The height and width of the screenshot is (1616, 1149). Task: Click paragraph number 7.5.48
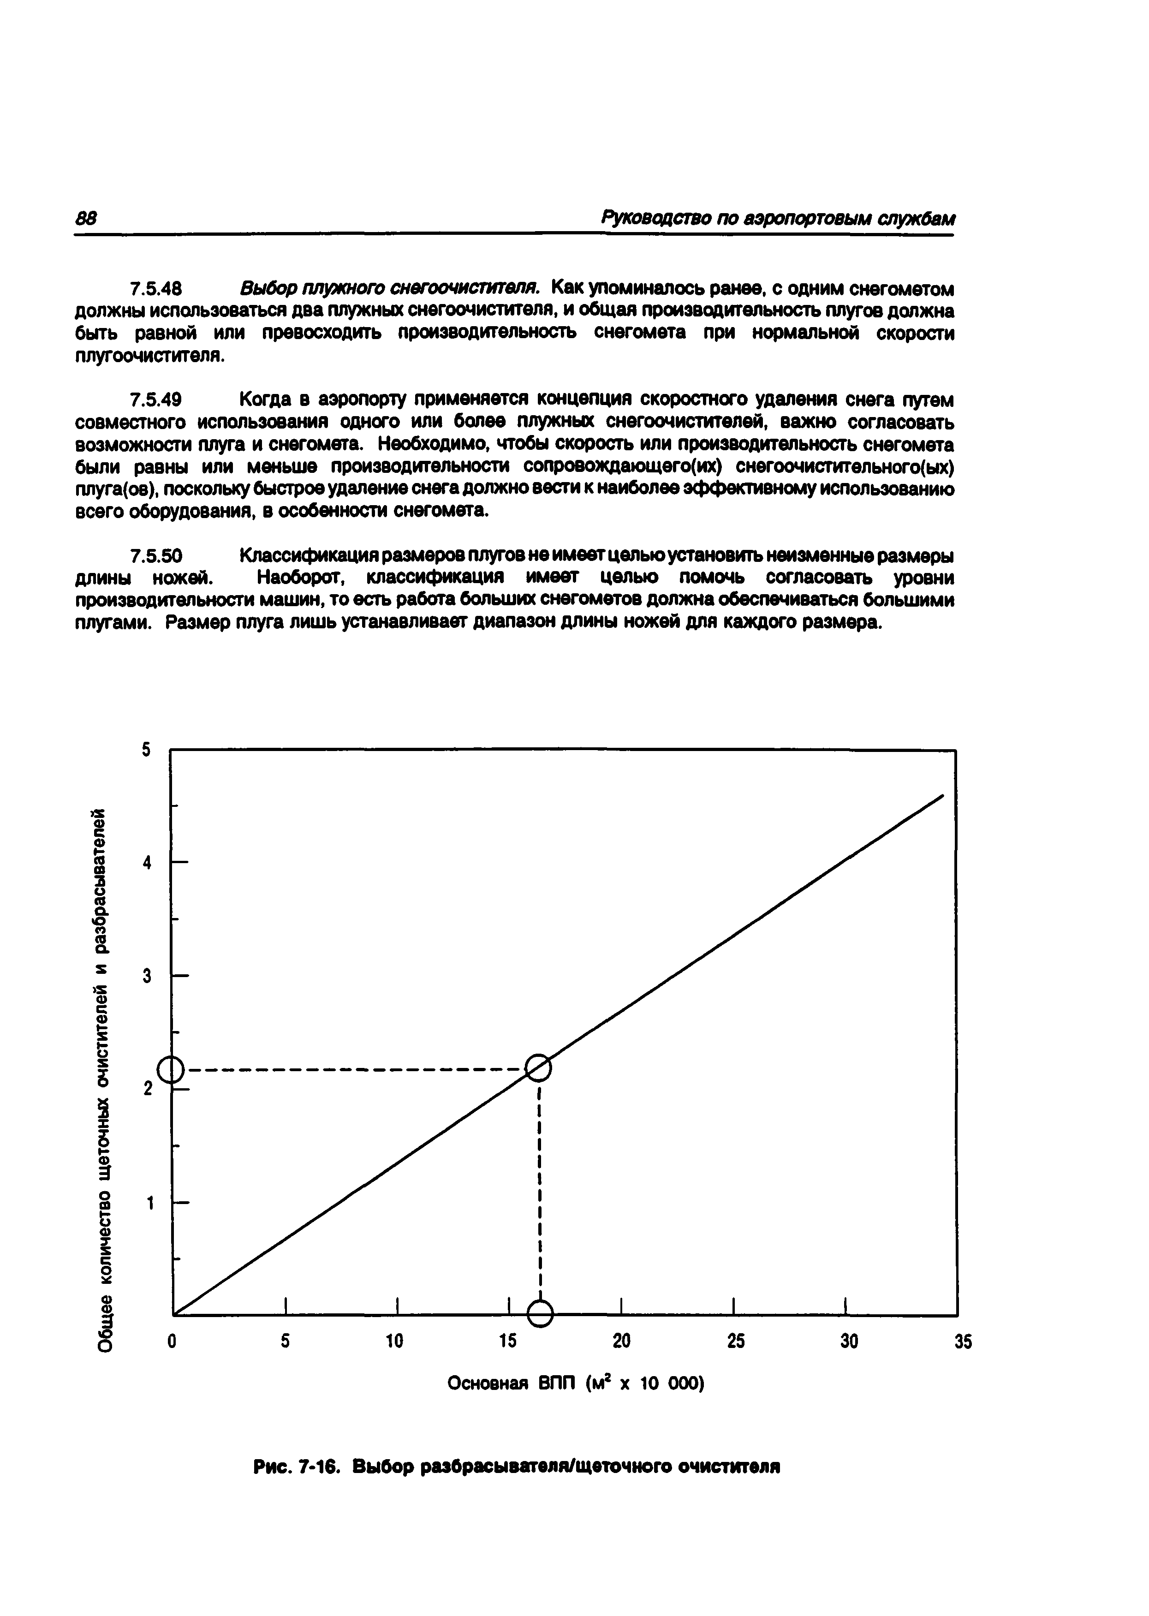157,289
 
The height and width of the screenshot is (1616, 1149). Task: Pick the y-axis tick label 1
149,1202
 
